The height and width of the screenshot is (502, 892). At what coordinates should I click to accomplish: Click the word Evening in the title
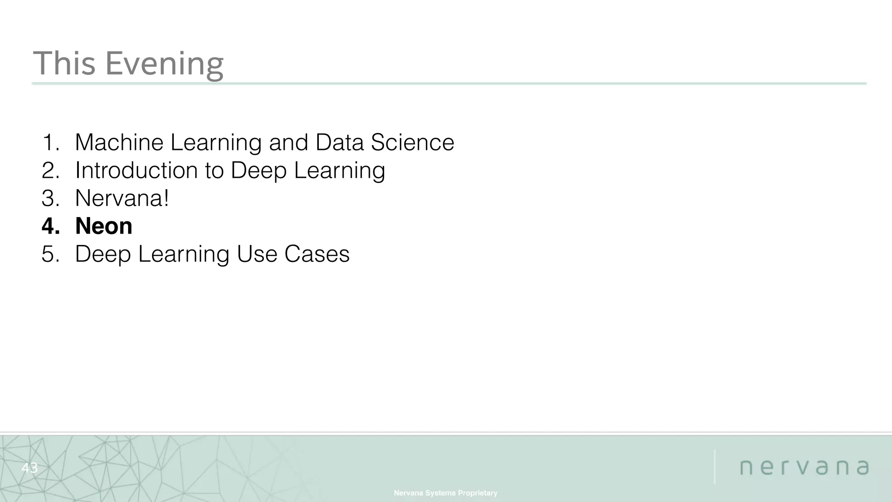[x=164, y=64]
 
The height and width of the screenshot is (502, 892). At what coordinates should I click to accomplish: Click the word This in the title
[x=64, y=64]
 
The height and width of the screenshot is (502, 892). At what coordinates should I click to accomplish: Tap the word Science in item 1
[x=412, y=142]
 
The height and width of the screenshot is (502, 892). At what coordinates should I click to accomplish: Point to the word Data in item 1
[x=339, y=142]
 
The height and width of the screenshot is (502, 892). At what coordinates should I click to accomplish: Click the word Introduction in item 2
[x=136, y=170]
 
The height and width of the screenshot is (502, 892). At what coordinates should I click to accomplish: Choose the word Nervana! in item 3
[x=122, y=198]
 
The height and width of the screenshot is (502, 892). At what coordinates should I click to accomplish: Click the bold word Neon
[x=104, y=226]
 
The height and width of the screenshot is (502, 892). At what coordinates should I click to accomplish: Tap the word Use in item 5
[x=257, y=254]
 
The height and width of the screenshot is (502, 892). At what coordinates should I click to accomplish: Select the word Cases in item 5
[x=317, y=254]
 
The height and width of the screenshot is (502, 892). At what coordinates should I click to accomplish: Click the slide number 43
[x=30, y=468]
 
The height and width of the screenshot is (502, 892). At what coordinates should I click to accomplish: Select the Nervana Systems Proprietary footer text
[x=446, y=493]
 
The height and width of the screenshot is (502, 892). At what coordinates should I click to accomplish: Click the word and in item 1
[x=288, y=142]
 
